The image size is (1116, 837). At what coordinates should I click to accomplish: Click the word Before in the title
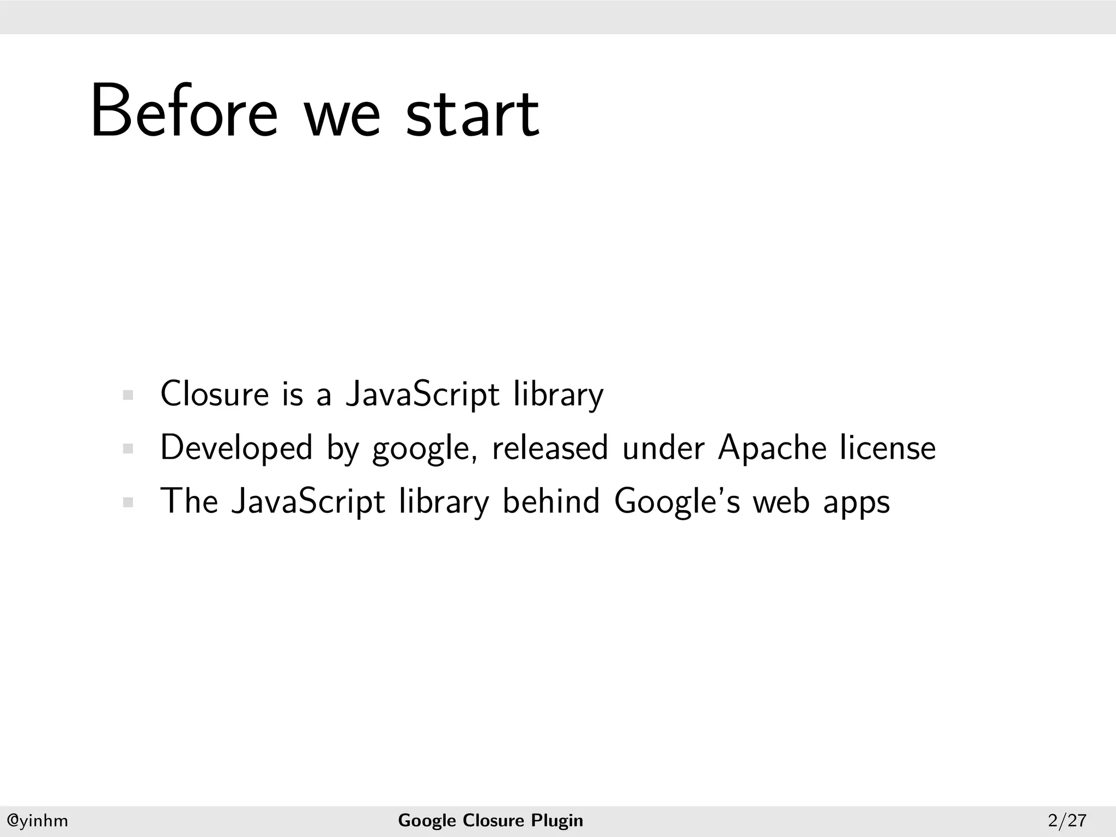pyautogui.click(x=184, y=112)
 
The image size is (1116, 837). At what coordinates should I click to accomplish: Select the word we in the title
pyautogui.click(x=342, y=117)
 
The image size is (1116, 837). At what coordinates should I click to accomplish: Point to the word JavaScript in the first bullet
pyautogui.click(x=422, y=395)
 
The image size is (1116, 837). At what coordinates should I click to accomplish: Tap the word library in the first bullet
pyautogui.click(x=559, y=395)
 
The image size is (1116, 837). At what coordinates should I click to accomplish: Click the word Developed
pyautogui.click(x=236, y=448)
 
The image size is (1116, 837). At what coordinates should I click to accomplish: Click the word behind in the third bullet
pyautogui.click(x=551, y=501)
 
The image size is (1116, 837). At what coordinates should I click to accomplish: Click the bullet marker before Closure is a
pyautogui.click(x=128, y=395)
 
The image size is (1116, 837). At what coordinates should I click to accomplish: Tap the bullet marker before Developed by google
pyautogui.click(x=128, y=449)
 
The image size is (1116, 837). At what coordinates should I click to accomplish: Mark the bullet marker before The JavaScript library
pyautogui.click(x=128, y=502)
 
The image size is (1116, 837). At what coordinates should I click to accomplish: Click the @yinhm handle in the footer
pyautogui.click(x=37, y=820)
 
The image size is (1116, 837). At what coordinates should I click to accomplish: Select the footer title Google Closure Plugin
pyautogui.click(x=490, y=820)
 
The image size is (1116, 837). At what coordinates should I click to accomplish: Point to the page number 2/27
pyautogui.click(x=1067, y=820)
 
